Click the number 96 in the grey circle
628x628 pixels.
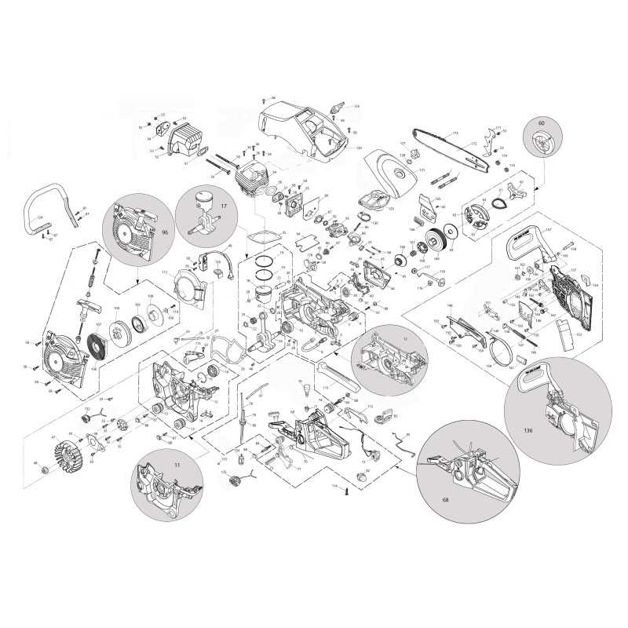pyautogui.click(x=165, y=232)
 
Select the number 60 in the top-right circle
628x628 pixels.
pyautogui.click(x=540, y=123)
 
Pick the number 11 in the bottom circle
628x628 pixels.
pyautogui.click(x=155, y=465)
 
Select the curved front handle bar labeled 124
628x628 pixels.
pyautogui.click(x=47, y=206)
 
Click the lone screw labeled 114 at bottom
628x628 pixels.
pyautogui.click(x=346, y=488)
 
